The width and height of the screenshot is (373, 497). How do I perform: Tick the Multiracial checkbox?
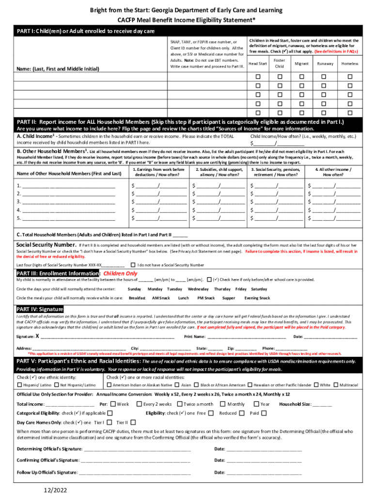click(x=335, y=385)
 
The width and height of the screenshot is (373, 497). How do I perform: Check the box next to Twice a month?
click(x=179, y=404)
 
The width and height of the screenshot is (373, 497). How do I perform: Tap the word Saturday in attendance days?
click(x=260, y=289)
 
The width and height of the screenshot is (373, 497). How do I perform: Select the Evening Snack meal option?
click(x=257, y=298)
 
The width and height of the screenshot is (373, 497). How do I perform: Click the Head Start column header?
click(x=258, y=64)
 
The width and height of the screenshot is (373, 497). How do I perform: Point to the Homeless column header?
click(x=349, y=64)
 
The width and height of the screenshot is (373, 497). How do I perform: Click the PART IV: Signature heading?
click(x=40, y=309)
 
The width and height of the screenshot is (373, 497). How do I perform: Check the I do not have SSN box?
click(x=133, y=265)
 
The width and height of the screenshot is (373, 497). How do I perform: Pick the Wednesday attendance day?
click(x=198, y=289)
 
